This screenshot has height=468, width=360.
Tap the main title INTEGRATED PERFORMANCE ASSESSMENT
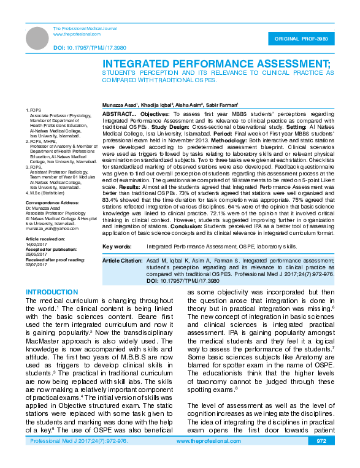(216, 63)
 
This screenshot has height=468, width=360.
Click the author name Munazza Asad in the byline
(120, 105)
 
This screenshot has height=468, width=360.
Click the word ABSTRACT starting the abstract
(117, 115)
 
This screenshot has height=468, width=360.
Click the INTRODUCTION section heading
(52, 292)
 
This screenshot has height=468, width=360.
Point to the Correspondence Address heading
(53, 202)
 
